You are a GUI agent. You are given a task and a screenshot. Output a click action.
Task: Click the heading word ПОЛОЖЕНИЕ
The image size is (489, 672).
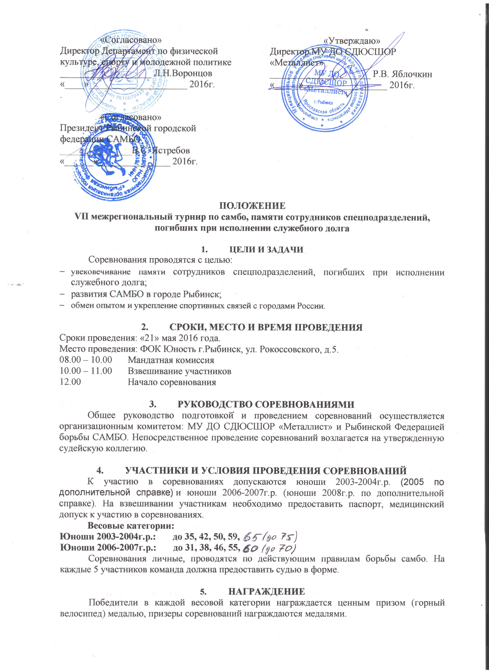click(252, 206)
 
